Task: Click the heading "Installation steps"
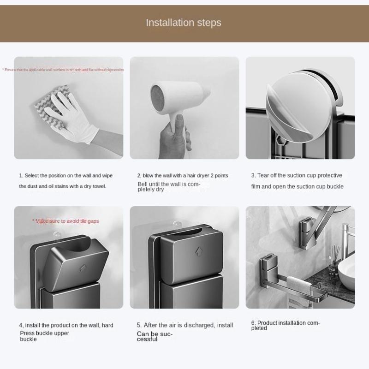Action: tap(184, 23)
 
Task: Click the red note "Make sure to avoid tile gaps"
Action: tap(65, 221)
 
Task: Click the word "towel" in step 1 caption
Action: tap(98, 186)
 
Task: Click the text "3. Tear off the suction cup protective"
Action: tap(297, 176)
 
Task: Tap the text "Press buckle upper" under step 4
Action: tap(44, 333)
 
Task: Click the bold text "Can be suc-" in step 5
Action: tap(155, 333)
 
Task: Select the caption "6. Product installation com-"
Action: tap(286, 323)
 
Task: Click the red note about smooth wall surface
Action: tap(63, 70)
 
